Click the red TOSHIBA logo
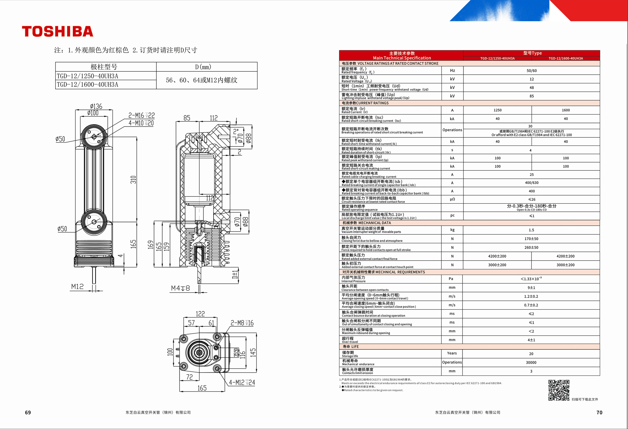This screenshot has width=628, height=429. tap(58, 31)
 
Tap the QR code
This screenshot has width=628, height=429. tap(559, 390)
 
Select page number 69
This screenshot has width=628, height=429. tap(28, 413)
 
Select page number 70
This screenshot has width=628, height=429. tap(599, 413)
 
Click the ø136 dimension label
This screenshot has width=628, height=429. tap(96, 106)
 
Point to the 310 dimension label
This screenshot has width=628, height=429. tap(133, 180)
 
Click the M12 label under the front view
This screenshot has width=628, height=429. tap(78, 287)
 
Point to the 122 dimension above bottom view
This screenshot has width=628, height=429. tap(200, 314)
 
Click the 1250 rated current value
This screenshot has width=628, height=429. tap(497, 110)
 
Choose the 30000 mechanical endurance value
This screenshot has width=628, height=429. tap(531, 362)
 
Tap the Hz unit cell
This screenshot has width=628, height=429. tap(452, 71)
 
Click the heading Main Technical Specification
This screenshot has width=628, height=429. tap(402, 58)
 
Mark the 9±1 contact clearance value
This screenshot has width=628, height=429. tap(531, 288)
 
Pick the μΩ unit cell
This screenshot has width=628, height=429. tap(452, 199)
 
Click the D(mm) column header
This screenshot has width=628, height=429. tap(203, 67)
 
